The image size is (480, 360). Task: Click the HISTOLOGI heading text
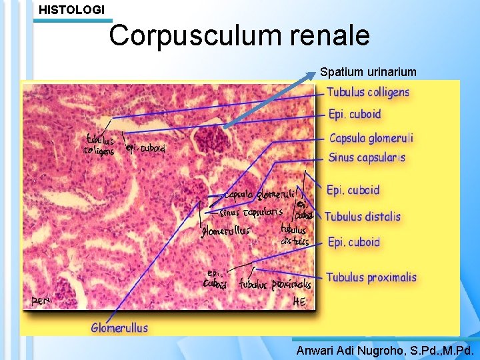point(72,10)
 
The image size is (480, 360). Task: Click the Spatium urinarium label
point(368,71)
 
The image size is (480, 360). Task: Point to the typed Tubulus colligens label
point(368,92)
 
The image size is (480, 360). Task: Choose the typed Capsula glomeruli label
point(371,138)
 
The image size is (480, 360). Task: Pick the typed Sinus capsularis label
point(367,158)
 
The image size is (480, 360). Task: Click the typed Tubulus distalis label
point(363,216)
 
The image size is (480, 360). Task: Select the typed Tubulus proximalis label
point(371,277)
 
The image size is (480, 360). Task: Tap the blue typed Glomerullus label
point(119,327)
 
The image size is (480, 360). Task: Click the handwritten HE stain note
point(300,302)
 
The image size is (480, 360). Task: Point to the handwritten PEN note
point(40,301)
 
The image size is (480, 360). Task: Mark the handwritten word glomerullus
point(225,231)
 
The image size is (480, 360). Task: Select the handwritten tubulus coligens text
point(99,145)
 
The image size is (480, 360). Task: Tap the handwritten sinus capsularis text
point(251,213)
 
